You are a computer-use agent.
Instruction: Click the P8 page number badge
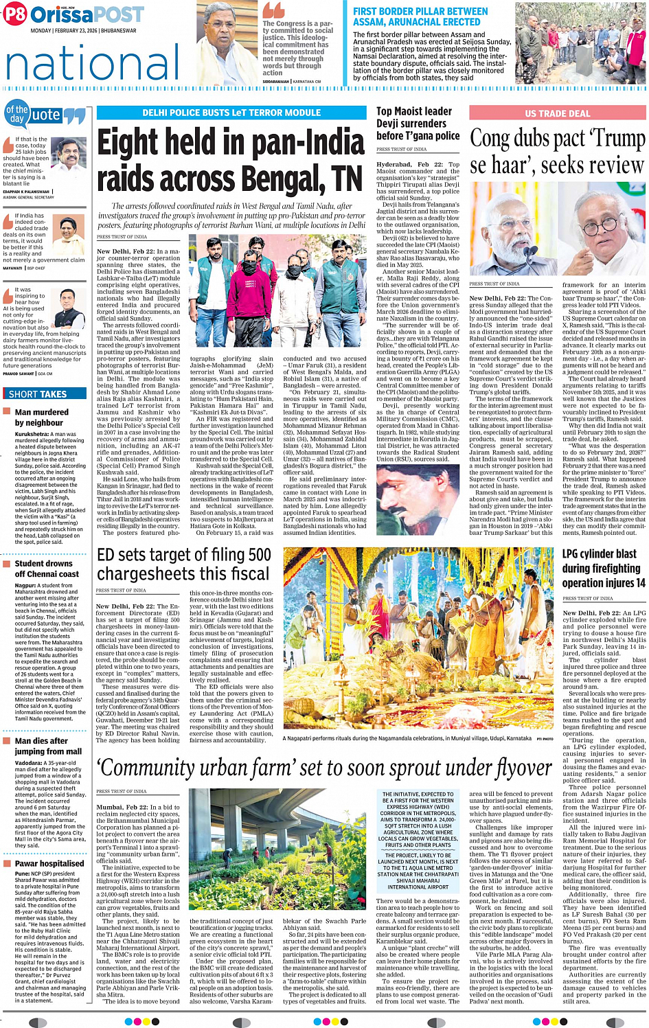(15, 14)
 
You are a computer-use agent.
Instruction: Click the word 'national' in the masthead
(92, 62)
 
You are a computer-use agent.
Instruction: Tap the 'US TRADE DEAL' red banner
(557, 113)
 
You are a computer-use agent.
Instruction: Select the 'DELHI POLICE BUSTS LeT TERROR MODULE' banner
(231, 113)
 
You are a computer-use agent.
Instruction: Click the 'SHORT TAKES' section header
(38, 394)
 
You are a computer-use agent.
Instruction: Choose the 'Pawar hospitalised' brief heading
(49, 863)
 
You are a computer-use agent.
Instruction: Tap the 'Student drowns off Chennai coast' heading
(47, 569)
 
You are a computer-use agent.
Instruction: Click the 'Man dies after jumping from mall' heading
(48, 746)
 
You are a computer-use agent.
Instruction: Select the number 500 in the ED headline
(258, 555)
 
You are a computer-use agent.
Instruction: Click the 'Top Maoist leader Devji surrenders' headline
(418, 124)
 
